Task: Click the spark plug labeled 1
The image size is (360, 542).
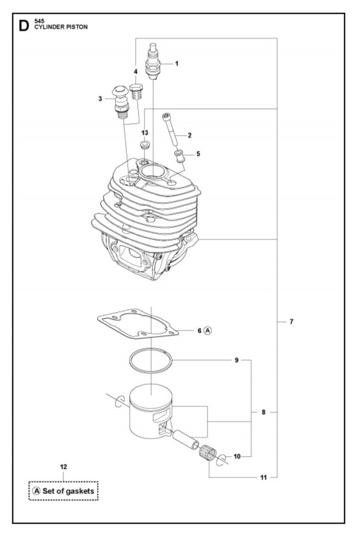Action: [x=153, y=61]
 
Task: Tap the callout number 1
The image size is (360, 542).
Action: [x=177, y=64]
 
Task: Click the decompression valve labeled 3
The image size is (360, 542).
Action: [x=120, y=101]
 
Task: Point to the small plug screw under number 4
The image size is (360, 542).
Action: [x=137, y=91]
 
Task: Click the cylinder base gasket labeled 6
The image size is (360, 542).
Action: [x=138, y=324]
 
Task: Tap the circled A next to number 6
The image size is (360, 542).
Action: [x=208, y=331]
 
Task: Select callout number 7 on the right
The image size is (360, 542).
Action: [x=291, y=321]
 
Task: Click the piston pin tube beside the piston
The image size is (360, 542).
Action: [x=186, y=439]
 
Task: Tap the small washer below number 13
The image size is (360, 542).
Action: [x=145, y=144]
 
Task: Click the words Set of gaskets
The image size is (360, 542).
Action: [x=68, y=491]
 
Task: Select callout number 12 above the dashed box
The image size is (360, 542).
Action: [x=64, y=467]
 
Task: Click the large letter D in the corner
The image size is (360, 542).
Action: [x=24, y=26]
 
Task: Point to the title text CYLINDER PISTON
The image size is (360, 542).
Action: [x=61, y=27]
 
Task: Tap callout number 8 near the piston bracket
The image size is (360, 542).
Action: [x=264, y=412]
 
